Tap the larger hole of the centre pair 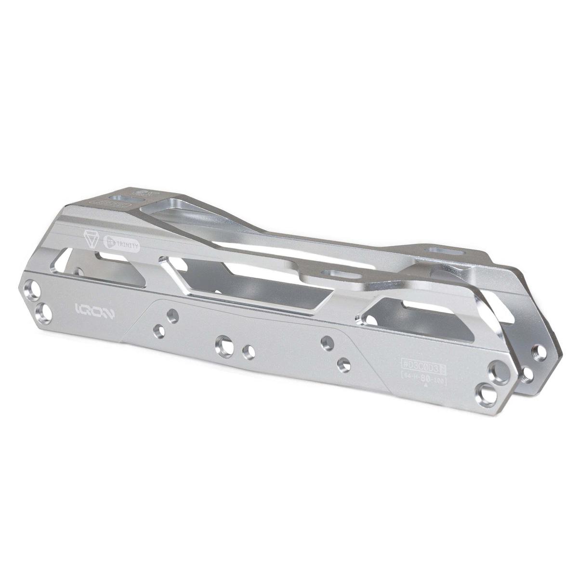point(224,344)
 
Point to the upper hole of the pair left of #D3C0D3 point(327,342)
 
